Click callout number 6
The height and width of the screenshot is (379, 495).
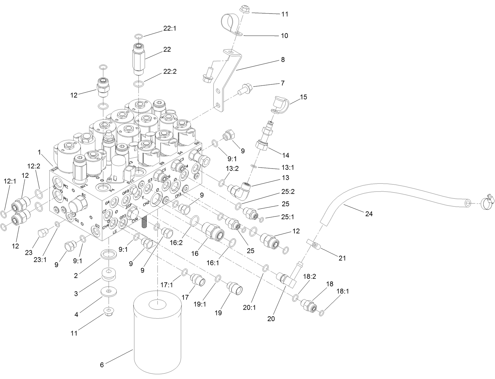[102, 365]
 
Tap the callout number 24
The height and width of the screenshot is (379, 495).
[369, 214]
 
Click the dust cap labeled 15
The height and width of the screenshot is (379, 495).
[280, 104]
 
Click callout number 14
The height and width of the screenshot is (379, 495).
[285, 155]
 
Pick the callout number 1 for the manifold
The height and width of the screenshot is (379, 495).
[39, 153]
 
